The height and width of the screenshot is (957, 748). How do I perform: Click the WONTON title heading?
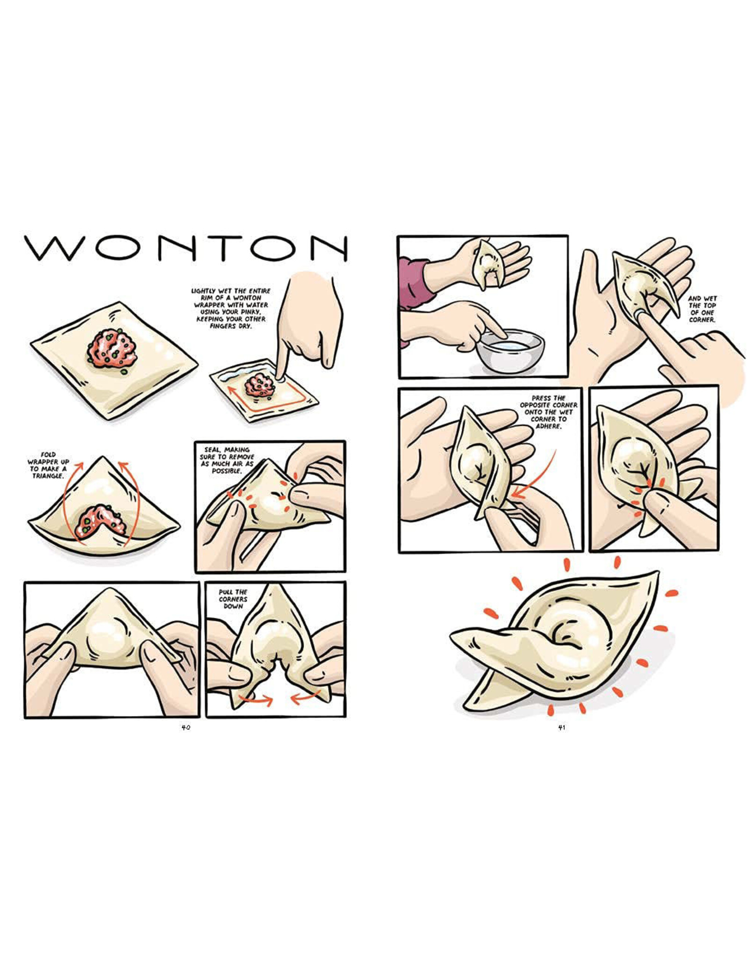186,248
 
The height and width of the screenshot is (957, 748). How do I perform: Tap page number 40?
186,727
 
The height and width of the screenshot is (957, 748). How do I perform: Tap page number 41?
562,727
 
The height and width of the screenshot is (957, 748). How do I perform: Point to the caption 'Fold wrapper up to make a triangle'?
48,465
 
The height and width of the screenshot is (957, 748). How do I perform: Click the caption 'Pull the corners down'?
233,599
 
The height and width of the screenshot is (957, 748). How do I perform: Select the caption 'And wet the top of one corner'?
702,309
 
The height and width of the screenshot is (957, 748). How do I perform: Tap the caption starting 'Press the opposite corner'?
548,413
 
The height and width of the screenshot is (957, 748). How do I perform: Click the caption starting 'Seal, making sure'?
227,460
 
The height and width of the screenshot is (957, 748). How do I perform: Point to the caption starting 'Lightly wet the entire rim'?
230,308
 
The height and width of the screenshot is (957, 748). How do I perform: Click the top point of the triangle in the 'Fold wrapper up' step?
103,457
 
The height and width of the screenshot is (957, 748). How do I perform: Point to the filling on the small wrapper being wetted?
256,385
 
